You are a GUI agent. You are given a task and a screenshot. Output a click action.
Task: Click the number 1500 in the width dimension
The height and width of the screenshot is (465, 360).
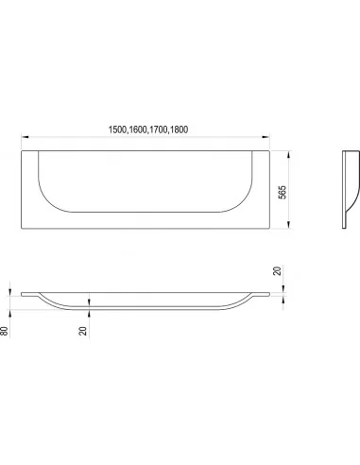click(117, 129)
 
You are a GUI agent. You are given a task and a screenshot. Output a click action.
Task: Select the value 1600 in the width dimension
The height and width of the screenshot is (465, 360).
click(138, 129)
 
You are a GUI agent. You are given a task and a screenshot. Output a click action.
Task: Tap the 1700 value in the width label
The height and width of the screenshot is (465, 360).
click(158, 129)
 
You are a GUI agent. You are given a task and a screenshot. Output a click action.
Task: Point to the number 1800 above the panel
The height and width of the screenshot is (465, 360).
click(179, 129)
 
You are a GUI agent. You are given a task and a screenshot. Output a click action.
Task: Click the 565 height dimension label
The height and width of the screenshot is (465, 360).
click(283, 192)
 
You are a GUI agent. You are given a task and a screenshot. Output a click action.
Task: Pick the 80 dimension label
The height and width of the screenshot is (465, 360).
click(4, 331)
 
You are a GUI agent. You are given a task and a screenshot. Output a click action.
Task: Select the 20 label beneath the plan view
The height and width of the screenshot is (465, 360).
click(83, 331)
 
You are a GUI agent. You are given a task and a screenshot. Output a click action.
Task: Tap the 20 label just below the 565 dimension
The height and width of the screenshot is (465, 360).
click(277, 271)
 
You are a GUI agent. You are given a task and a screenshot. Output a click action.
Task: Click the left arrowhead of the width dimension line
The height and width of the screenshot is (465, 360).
click(25, 137)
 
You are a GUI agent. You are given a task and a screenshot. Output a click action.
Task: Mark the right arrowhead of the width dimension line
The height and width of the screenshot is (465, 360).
click(266, 137)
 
